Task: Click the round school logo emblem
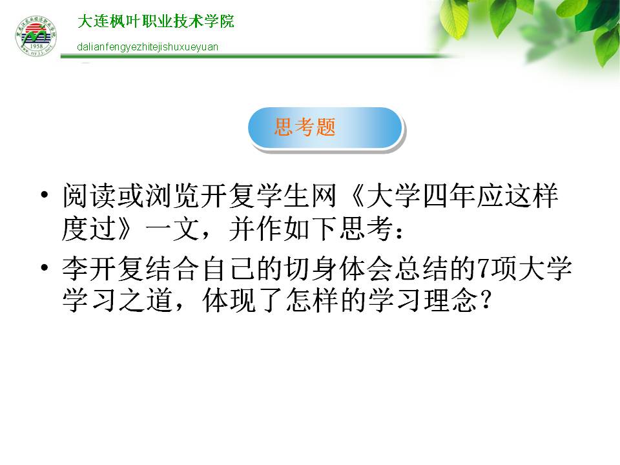(x=36, y=36)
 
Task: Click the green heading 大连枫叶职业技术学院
(x=156, y=21)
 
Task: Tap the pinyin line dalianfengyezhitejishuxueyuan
(x=147, y=47)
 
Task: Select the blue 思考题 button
(x=325, y=128)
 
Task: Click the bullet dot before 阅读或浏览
(x=45, y=194)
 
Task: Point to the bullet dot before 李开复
(x=45, y=267)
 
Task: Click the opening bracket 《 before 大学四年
(x=356, y=196)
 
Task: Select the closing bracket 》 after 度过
(x=124, y=229)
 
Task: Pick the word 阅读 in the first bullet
(x=89, y=196)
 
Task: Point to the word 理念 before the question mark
(x=451, y=300)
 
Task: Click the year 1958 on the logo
(x=36, y=46)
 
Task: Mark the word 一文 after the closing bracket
(x=172, y=229)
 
